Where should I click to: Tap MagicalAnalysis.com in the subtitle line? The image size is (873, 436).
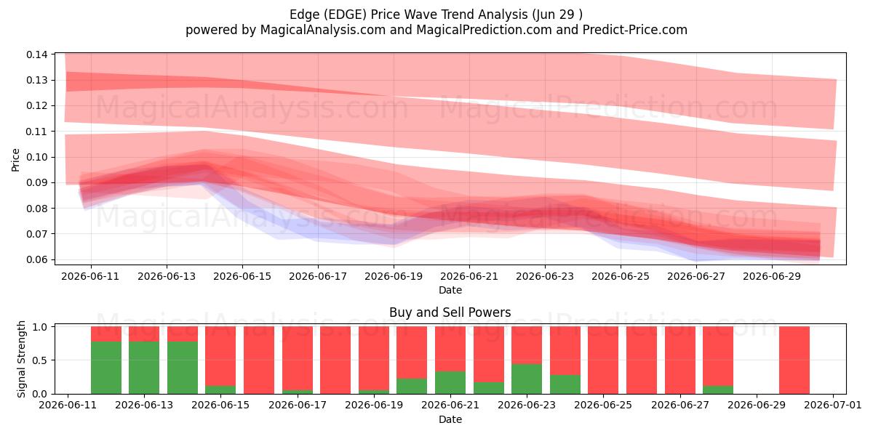[323, 30]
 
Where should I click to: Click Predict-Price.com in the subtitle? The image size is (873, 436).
[635, 30]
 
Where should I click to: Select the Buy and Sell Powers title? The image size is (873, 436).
[450, 312]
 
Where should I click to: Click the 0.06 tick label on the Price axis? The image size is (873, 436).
[37, 259]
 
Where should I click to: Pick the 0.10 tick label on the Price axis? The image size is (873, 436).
[37, 157]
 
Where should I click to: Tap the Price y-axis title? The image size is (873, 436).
[15, 160]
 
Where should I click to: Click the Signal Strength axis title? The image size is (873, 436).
[21, 359]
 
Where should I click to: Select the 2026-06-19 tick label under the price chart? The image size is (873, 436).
[394, 276]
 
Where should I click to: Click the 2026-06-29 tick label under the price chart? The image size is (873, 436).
[772, 276]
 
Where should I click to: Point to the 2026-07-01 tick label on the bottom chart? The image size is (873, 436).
[833, 405]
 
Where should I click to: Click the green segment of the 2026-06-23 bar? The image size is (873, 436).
[527, 379]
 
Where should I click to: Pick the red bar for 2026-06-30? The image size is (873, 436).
[794, 360]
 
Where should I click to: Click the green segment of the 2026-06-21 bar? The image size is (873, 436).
[450, 383]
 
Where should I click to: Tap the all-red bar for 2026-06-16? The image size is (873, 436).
[259, 360]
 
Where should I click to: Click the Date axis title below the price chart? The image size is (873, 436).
[450, 290]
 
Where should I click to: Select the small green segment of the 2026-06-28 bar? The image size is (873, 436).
[718, 389]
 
